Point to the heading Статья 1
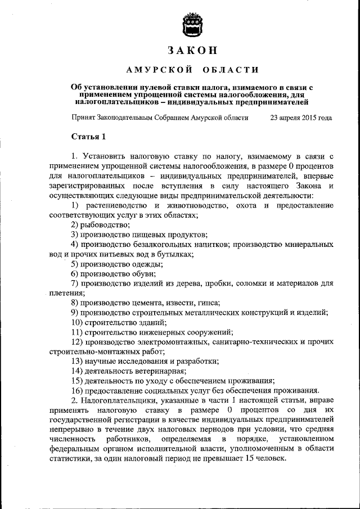point(89,137)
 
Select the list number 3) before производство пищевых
point(74,235)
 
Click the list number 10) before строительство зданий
point(76,322)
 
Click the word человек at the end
point(270,458)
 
